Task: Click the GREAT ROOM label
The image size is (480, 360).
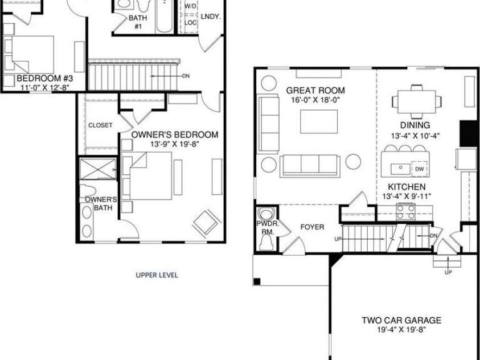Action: pos(315,91)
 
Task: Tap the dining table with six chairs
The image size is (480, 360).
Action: pos(416,102)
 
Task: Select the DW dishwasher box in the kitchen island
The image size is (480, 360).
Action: pos(419,169)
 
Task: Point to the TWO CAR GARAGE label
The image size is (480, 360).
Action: pos(401,320)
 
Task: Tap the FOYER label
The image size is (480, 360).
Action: pos(312,227)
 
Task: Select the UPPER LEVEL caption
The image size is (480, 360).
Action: pos(157,275)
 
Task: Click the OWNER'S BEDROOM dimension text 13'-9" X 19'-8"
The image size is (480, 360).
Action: pos(174,145)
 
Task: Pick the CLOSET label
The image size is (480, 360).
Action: pos(100,125)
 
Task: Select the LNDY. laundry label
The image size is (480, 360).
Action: pos(210,17)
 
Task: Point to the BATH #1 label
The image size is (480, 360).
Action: pos(137,22)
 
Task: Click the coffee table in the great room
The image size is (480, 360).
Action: pos(318,121)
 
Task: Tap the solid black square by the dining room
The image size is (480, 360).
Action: pos(469,134)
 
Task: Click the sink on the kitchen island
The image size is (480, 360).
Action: pos(400,168)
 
